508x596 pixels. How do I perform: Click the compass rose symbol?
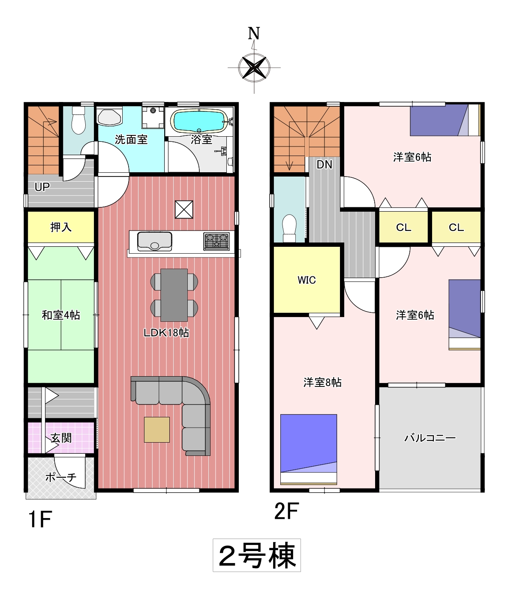click(x=254, y=68)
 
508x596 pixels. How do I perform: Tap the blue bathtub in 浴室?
click(x=199, y=121)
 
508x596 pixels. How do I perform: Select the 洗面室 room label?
click(x=131, y=140)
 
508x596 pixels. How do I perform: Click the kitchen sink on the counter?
click(x=155, y=241)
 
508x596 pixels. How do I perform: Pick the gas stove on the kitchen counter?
click(x=216, y=241)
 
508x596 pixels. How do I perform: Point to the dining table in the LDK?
click(x=174, y=295)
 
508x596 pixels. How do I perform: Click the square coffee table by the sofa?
click(x=157, y=430)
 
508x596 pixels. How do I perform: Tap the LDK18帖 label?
click(x=166, y=333)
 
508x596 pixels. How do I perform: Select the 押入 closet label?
click(x=61, y=227)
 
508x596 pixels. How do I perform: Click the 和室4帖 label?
click(x=61, y=315)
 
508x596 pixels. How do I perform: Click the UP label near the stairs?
click(x=42, y=187)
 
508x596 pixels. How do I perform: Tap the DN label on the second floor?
click(x=325, y=165)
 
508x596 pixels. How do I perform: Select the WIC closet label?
click(x=307, y=280)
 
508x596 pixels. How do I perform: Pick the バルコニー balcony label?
click(x=430, y=438)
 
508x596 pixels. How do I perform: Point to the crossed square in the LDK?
click(x=184, y=210)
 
